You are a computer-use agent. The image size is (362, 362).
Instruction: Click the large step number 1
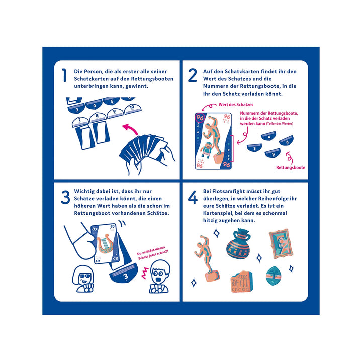(x=64, y=75)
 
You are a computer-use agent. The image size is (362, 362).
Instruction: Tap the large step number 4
(x=193, y=197)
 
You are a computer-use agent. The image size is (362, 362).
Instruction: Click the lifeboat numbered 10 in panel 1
(x=133, y=109)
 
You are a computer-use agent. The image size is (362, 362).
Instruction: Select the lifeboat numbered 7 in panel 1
(x=80, y=122)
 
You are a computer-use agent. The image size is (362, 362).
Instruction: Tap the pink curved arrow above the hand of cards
(x=130, y=128)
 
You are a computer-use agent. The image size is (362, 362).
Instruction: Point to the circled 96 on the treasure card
(x=200, y=118)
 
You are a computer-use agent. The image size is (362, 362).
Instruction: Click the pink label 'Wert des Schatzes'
(x=236, y=105)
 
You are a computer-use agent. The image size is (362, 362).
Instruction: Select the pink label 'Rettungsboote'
(x=291, y=168)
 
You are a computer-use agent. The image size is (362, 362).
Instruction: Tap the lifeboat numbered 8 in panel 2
(x=273, y=153)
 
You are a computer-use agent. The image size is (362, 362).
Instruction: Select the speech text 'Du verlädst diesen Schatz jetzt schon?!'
(x=153, y=253)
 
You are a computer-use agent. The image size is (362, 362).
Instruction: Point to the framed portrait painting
(x=281, y=243)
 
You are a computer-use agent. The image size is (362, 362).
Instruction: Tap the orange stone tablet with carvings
(x=241, y=282)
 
